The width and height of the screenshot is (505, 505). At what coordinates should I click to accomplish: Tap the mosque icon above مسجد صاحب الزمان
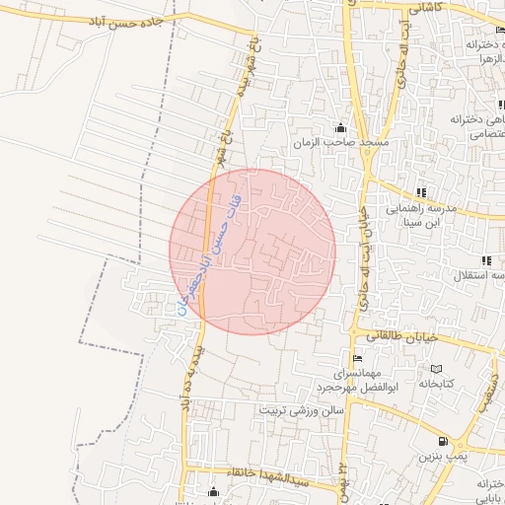(341, 127)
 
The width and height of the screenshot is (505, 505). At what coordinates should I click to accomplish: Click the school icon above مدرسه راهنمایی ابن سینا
(421, 192)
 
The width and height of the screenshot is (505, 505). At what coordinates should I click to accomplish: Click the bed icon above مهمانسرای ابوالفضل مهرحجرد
(357, 359)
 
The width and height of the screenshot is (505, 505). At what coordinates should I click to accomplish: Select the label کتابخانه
(435, 383)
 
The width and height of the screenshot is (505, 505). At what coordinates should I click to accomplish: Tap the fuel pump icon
(443, 441)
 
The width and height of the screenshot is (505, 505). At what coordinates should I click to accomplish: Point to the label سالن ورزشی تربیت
(302, 408)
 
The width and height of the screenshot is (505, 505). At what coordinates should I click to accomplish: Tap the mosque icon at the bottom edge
(214, 492)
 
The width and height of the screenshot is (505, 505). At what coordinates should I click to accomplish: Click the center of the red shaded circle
(252, 252)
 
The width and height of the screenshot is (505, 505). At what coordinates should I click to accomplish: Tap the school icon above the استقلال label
(486, 260)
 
